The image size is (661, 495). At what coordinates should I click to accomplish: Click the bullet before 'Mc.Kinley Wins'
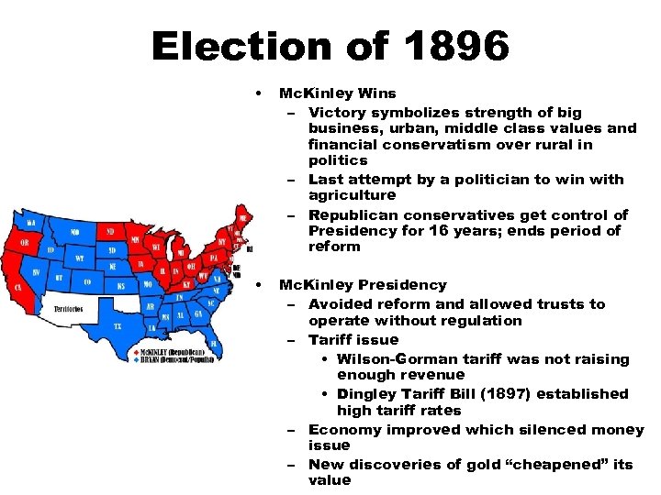[262, 93]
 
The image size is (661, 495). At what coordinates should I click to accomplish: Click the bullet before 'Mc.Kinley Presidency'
[262, 285]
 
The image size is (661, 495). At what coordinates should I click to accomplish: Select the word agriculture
[353, 195]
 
